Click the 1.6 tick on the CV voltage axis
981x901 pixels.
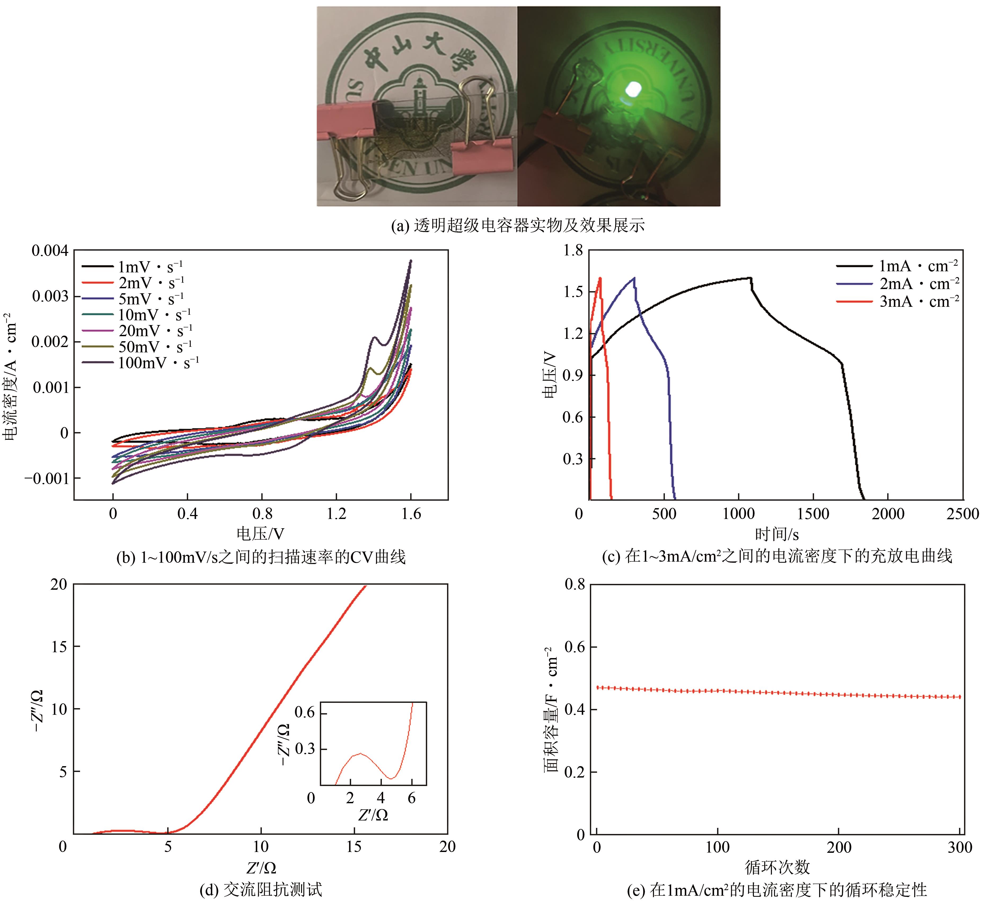coord(411,513)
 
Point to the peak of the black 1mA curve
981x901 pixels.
coord(749,278)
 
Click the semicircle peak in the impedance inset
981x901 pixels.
coord(360,753)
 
